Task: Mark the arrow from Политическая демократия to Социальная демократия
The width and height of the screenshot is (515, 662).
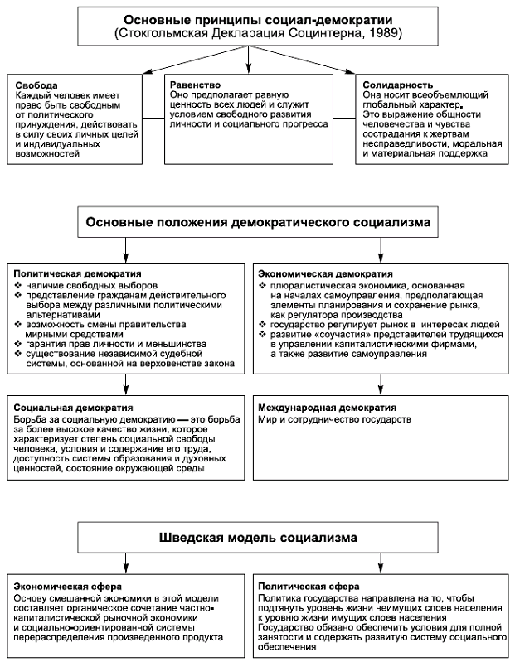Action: (x=125, y=385)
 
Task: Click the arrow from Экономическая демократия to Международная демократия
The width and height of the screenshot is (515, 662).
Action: (x=382, y=385)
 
